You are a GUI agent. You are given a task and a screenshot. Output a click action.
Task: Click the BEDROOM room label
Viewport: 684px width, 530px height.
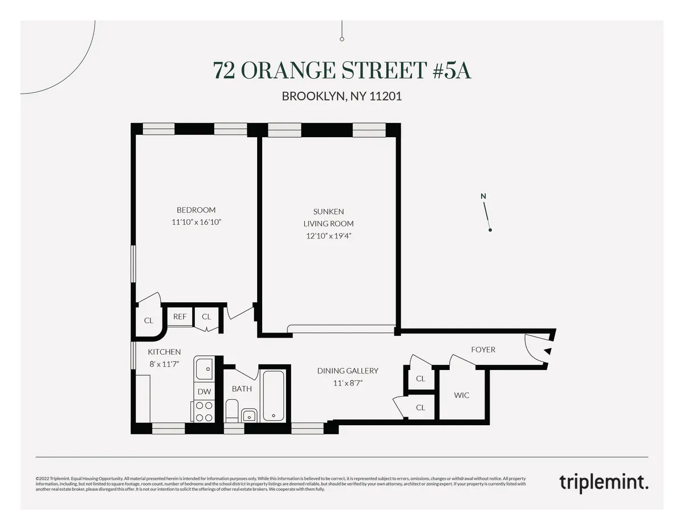[196, 210]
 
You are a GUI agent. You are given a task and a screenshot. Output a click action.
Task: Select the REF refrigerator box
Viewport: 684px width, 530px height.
[180, 317]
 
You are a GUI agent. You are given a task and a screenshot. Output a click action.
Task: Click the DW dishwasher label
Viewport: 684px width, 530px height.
[203, 392]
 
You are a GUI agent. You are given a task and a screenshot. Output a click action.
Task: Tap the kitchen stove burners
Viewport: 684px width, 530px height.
[204, 412]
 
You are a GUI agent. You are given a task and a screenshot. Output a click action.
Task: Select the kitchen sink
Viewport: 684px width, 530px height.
[203, 369]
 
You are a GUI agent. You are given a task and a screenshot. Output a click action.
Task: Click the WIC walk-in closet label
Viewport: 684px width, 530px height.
[462, 395]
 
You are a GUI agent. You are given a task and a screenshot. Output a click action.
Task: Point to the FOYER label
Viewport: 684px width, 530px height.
[483, 350]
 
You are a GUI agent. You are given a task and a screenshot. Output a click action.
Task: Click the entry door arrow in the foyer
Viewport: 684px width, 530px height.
[547, 351]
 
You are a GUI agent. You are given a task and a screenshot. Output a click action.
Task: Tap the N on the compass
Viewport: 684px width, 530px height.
[483, 197]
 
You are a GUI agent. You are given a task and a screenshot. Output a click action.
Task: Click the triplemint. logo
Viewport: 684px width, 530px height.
[603, 482]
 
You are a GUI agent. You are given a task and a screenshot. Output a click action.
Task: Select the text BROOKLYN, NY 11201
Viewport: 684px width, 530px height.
[342, 96]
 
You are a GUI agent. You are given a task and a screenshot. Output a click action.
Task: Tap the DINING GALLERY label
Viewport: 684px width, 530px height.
[348, 371]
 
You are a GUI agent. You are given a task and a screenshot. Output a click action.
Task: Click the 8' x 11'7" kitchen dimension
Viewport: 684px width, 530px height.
[164, 363]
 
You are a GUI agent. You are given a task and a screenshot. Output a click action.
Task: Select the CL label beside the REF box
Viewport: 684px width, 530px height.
[206, 317]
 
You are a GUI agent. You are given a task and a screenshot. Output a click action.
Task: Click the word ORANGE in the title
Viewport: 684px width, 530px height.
[288, 71]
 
